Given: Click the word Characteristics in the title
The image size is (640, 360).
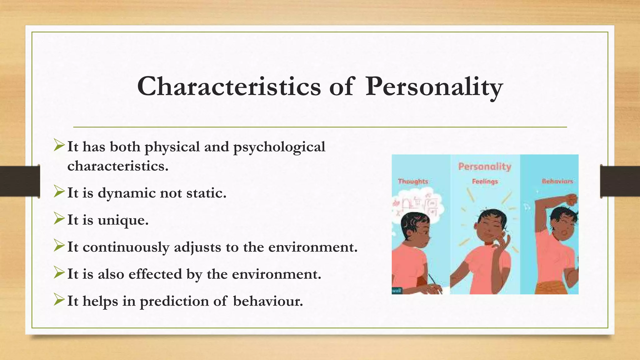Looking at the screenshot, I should [x=229, y=87].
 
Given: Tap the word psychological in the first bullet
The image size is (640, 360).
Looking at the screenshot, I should [x=279, y=147].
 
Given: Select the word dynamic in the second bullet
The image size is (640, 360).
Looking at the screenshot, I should [x=126, y=193].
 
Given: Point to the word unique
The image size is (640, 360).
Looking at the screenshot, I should [x=123, y=220].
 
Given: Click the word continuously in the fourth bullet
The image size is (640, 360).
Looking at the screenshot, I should [x=126, y=247].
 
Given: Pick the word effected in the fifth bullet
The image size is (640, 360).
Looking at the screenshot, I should [x=155, y=274].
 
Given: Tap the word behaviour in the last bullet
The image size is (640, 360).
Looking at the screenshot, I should [x=268, y=301].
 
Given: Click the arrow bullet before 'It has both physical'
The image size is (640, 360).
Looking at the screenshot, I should [x=59, y=145].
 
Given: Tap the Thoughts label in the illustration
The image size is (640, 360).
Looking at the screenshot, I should [x=413, y=181].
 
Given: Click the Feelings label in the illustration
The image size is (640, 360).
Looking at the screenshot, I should [x=485, y=181].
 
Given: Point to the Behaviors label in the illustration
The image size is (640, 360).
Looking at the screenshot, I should [x=557, y=181].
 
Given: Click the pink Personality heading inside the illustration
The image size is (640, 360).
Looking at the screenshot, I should [x=484, y=167].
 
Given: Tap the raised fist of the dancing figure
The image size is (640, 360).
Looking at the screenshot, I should [x=571, y=199].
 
